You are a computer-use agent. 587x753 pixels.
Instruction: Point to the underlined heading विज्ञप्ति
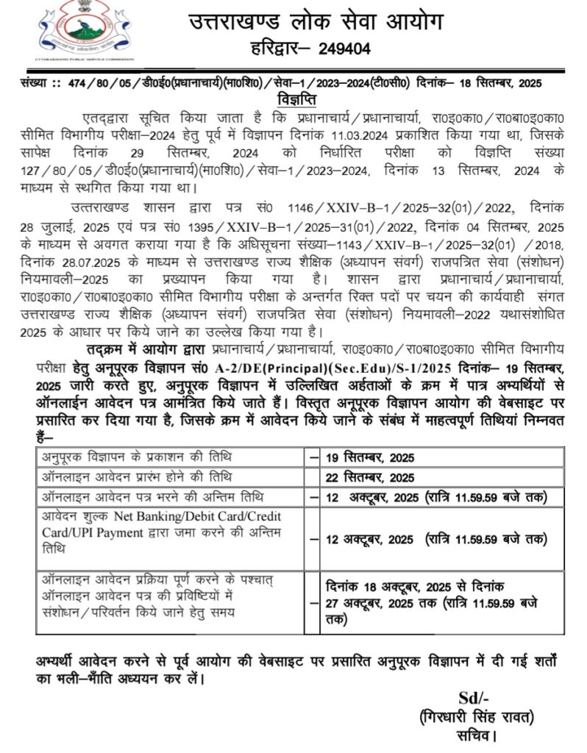[295, 98]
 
